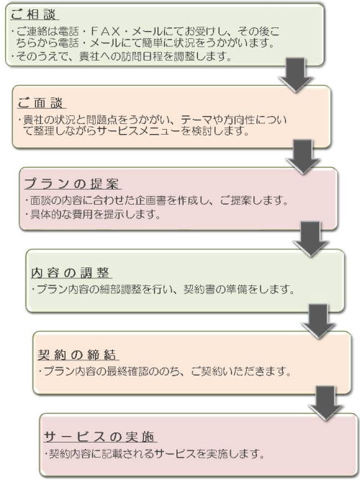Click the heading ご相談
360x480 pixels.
(33, 14)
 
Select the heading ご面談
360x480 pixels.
(40, 103)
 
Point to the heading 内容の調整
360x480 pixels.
(70, 272)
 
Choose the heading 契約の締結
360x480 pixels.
(77, 355)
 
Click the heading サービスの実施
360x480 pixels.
(99, 437)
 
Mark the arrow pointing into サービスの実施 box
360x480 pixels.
(325, 403)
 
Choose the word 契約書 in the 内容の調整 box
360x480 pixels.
(199, 289)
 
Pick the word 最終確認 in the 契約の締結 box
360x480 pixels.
(127, 371)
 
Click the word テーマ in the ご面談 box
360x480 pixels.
(196, 120)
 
